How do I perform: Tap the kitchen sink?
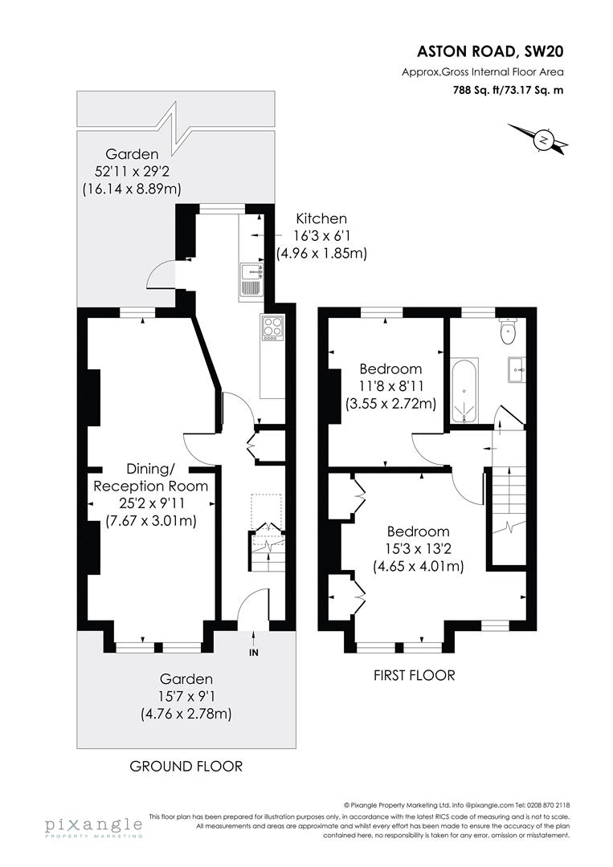(249, 281)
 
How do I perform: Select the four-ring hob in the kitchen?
(272, 328)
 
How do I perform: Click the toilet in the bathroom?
(508, 330)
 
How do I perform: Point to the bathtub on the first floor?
(464, 390)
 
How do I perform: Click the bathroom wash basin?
(516, 371)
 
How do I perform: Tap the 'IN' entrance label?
(254, 653)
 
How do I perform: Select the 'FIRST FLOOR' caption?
(414, 675)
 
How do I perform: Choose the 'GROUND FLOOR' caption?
(186, 766)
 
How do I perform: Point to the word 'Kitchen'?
(321, 218)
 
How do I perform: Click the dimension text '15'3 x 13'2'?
(418, 549)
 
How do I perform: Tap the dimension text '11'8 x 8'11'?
(390, 386)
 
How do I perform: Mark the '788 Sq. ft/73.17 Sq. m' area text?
(507, 90)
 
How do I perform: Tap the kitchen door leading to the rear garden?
(160, 277)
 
